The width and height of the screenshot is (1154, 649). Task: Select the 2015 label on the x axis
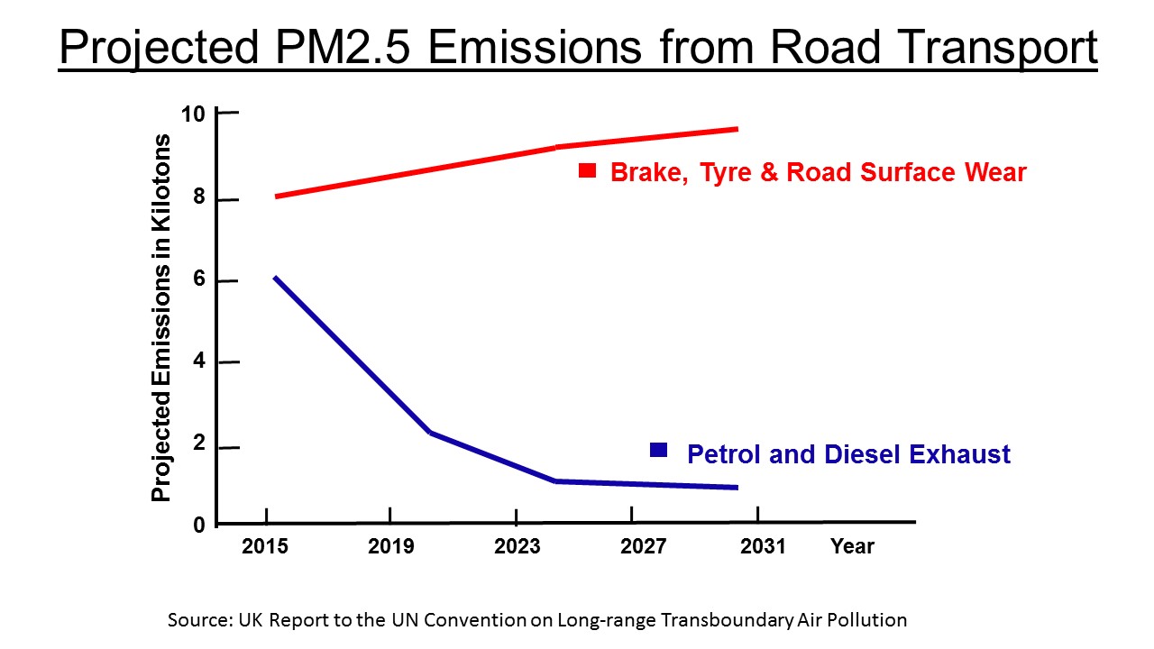(x=265, y=546)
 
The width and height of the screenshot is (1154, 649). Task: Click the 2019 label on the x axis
(x=390, y=546)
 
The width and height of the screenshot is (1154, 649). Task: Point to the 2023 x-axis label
(x=517, y=546)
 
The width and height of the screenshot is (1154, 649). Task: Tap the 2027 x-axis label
(x=643, y=546)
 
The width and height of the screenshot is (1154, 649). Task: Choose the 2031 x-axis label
(x=763, y=546)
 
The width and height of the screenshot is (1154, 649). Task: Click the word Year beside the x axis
(x=852, y=546)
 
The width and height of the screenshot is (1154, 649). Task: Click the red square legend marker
(x=588, y=170)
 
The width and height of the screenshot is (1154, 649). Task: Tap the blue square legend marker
(x=659, y=451)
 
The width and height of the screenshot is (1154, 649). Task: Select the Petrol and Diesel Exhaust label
(x=848, y=454)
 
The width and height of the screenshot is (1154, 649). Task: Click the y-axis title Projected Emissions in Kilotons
(x=161, y=317)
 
